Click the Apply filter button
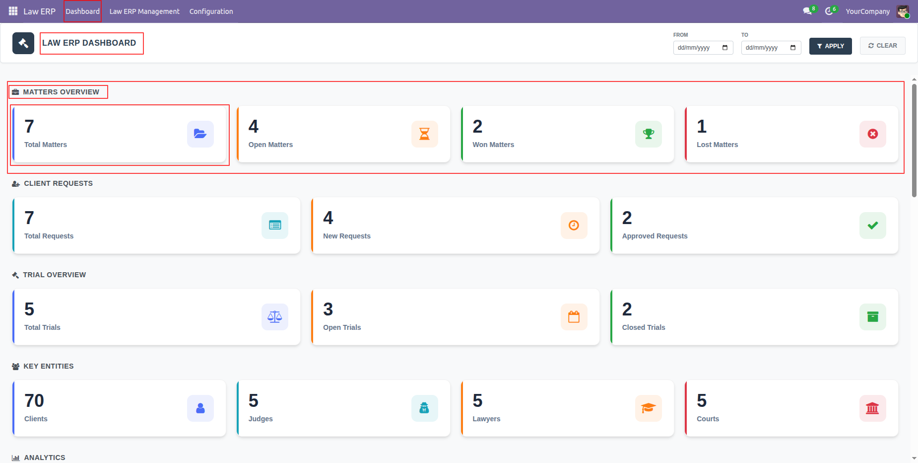[x=830, y=46]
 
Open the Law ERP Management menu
[x=144, y=11]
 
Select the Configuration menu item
[x=211, y=11]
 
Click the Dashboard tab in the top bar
[x=82, y=11]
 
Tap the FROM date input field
[x=703, y=48]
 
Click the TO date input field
[x=771, y=48]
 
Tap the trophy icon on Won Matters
[x=649, y=134]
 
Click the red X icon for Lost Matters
[x=873, y=134]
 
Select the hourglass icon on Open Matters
[x=425, y=134]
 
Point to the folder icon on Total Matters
[x=200, y=134]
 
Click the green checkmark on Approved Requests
[x=873, y=226]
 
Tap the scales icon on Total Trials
[x=275, y=317]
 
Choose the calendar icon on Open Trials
[x=574, y=317]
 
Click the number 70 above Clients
[x=34, y=400]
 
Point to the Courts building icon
[x=873, y=408]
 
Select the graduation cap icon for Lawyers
[x=649, y=408]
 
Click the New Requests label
[x=347, y=236]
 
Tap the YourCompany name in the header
[x=868, y=11]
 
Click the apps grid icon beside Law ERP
[x=13, y=11]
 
